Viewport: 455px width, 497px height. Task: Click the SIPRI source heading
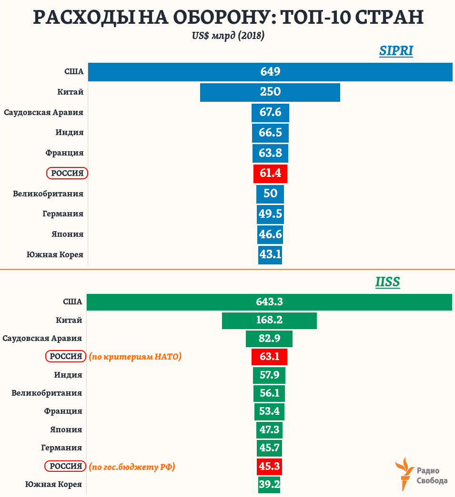click(396, 51)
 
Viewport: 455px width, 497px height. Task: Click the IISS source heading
click(387, 282)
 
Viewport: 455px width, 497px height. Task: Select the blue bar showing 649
click(270, 72)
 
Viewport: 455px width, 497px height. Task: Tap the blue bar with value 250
click(270, 92)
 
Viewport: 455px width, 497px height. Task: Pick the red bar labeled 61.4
click(270, 174)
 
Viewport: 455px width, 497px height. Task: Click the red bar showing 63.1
click(269, 356)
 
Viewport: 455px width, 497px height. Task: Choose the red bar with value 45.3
click(269, 466)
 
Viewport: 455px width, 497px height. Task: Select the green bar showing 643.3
click(269, 302)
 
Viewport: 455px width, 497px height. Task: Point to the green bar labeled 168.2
click(269, 320)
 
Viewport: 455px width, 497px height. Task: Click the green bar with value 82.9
click(269, 338)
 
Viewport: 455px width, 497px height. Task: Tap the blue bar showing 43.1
click(270, 254)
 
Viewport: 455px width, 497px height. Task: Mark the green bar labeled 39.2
click(269, 484)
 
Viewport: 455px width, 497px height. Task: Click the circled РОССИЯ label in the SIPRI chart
click(67, 174)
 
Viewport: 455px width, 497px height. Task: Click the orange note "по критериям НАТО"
click(135, 356)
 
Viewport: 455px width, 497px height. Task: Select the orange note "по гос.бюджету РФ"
click(132, 467)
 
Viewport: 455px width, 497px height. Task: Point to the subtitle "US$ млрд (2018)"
click(228, 36)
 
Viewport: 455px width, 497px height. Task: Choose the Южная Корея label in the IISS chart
click(53, 484)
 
